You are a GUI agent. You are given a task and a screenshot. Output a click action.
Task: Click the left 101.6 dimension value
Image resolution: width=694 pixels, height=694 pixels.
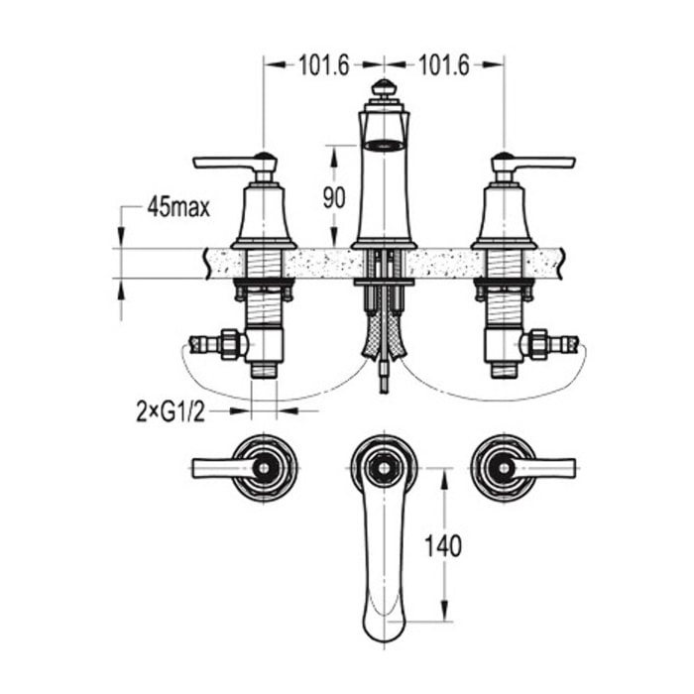324,65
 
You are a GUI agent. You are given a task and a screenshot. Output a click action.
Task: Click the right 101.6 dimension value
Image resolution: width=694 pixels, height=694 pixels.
444,65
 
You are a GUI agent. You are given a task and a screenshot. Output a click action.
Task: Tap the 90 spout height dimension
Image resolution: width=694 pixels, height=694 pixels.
334,197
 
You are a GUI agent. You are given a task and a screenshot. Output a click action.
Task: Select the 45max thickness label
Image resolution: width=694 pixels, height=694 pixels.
178,206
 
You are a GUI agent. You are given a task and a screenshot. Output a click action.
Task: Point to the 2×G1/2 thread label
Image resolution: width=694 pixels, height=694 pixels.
171,413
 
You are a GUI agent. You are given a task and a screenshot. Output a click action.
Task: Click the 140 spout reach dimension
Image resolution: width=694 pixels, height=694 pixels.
443,545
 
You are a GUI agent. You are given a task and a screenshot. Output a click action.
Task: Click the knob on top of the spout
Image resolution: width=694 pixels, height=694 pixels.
384,87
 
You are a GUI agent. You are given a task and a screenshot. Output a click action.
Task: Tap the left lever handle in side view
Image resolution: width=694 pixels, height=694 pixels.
235,163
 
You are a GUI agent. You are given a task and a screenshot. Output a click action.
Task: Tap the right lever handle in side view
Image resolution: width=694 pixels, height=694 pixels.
533,163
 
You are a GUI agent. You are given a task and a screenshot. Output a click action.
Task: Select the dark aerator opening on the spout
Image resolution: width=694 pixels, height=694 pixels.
384,145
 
